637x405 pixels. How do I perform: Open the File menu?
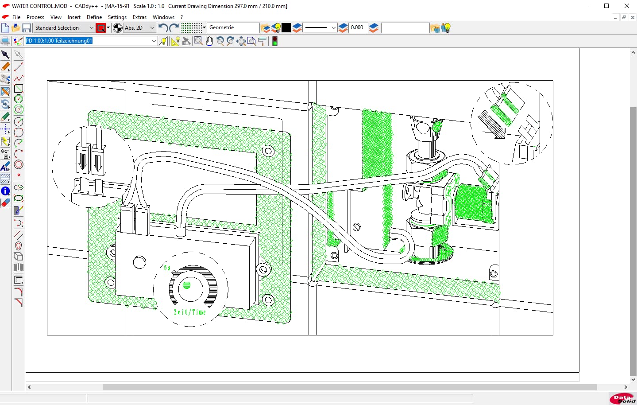click(x=16, y=17)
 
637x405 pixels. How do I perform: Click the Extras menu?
click(x=139, y=17)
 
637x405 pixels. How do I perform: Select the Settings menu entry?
click(x=117, y=17)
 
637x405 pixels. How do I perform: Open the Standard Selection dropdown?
click(x=64, y=28)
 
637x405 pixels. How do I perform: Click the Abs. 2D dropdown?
click(x=139, y=28)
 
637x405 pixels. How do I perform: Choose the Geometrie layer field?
click(x=233, y=28)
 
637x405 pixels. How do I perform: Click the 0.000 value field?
click(x=358, y=28)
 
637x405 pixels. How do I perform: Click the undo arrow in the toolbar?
click(x=163, y=28)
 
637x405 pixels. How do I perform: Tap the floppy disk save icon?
click(x=27, y=28)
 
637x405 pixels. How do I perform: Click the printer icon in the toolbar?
click(x=5, y=42)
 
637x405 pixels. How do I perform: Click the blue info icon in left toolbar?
click(x=5, y=191)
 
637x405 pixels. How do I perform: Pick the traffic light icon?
click(x=275, y=42)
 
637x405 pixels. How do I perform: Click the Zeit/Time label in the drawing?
click(x=189, y=312)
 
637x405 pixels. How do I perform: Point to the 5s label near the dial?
click(x=167, y=268)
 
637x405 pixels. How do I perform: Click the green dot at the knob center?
click(x=187, y=285)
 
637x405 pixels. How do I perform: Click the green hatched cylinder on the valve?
click(x=472, y=203)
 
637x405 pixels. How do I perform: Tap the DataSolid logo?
click(x=622, y=399)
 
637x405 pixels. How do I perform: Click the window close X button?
click(x=626, y=6)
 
